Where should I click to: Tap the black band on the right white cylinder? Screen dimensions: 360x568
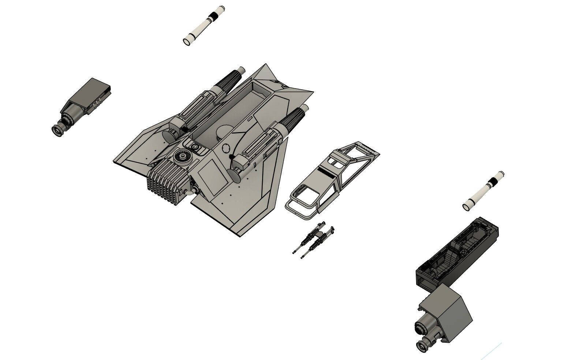pos(493,181)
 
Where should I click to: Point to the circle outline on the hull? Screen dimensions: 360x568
pos(227,148)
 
